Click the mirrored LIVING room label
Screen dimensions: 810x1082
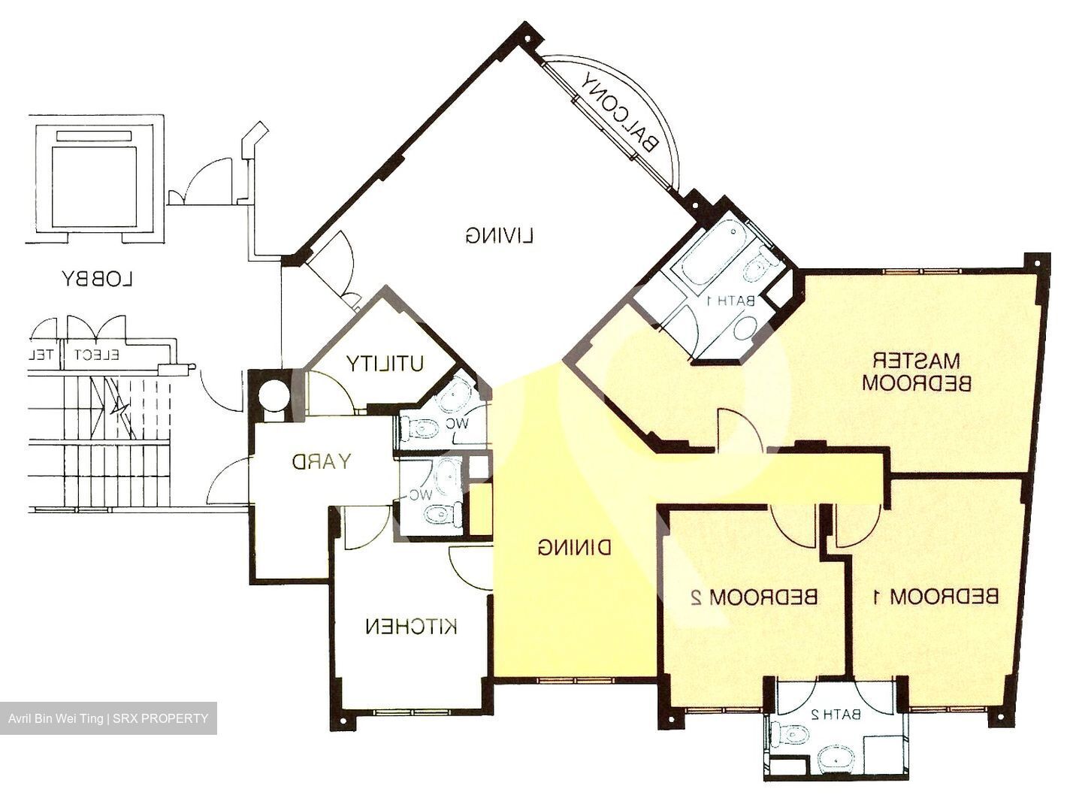[x=499, y=236]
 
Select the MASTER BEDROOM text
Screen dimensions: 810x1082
[x=917, y=371]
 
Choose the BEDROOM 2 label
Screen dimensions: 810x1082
[x=753, y=597]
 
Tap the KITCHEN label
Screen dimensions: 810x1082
[x=411, y=626]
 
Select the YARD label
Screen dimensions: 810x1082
[x=321, y=461]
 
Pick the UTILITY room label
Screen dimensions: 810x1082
[x=385, y=364]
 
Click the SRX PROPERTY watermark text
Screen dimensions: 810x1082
[x=158, y=718]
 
